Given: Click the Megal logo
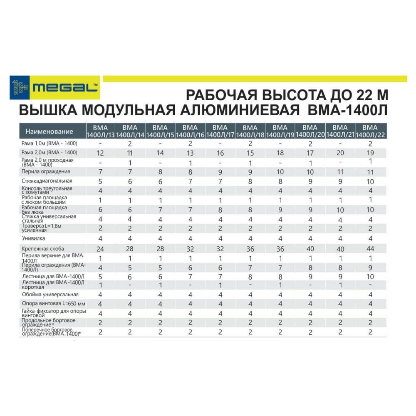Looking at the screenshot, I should (x=55, y=88).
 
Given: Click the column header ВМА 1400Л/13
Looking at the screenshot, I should (x=100, y=131).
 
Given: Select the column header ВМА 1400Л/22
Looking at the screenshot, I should (x=370, y=131).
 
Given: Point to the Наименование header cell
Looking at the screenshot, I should (x=49, y=131).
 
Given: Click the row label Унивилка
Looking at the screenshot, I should (x=34, y=238).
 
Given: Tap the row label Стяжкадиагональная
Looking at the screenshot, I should (x=47, y=181).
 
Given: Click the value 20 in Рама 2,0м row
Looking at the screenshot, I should (x=340, y=153).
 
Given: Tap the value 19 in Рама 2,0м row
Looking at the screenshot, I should (x=370, y=153).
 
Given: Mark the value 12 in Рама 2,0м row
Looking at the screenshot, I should (x=100, y=153).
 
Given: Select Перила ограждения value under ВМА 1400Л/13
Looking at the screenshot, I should (x=100, y=171).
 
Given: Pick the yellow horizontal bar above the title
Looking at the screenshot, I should (x=255, y=79).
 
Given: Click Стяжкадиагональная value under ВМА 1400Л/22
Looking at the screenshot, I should (x=370, y=181).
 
